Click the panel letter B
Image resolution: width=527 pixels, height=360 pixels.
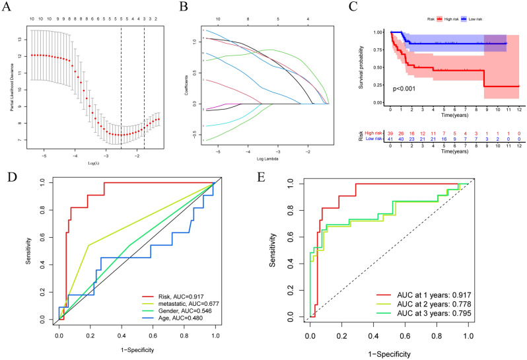tap(182, 7)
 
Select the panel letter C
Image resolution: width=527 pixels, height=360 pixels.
tap(354, 7)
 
